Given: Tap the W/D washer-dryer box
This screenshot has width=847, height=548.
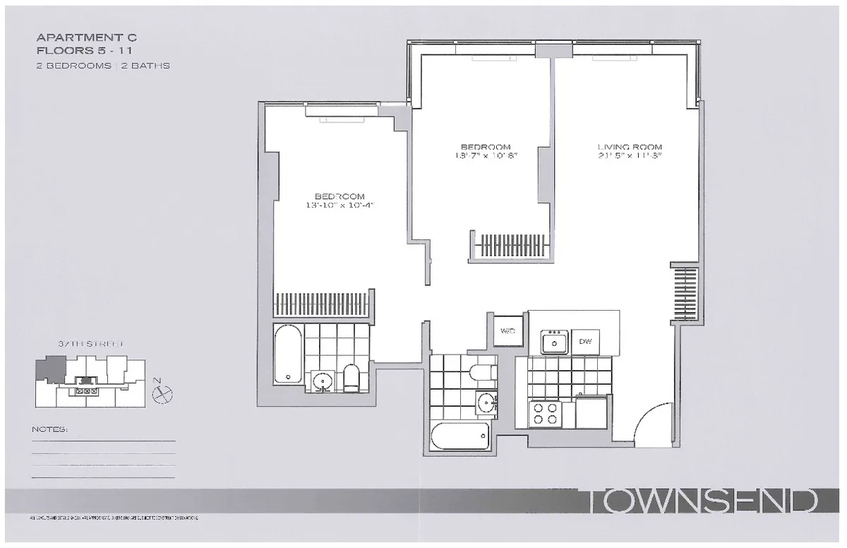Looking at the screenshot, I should click(x=508, y=330).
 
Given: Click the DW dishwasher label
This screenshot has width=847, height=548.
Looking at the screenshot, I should click(x=585, y=342).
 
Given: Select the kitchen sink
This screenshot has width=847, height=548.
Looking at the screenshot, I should click(x=555, y=342).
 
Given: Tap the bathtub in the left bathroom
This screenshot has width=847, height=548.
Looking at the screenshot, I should click(x=288, y=353).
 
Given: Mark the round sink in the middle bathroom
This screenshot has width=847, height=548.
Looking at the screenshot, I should click(x=486, y=404).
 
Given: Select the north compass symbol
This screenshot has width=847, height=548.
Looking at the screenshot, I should click(x=162, y=393).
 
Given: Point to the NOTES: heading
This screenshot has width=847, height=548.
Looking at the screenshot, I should click(x=50, y=429).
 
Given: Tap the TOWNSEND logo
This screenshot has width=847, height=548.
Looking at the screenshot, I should click(x=702, y=502).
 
